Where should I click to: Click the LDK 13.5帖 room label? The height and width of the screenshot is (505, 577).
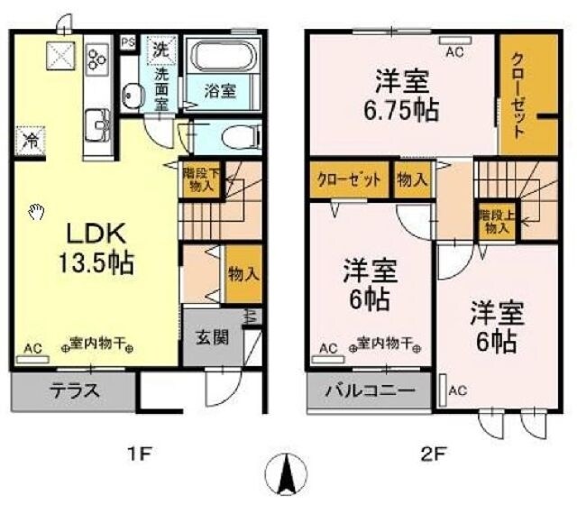[98, 247]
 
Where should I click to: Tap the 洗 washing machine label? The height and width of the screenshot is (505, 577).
[160, 49]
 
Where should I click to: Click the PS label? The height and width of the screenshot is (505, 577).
[128, 41]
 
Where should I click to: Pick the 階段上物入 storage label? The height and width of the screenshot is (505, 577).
[494, 221]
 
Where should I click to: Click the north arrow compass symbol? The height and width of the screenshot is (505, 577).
[289, 473]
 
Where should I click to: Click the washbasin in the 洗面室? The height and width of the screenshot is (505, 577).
[133, 95]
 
